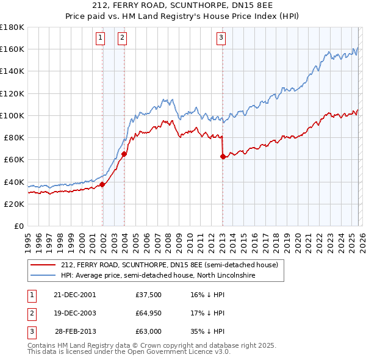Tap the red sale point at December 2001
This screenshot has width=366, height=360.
point(102,184)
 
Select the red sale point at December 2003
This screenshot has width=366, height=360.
point(124,154)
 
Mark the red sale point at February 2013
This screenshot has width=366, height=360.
point(223,157)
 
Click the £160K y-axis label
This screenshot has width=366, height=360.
point(12,49)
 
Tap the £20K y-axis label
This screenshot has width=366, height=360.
point(14,204)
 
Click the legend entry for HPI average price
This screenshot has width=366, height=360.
point(159,275)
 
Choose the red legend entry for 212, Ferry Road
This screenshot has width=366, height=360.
point(169,265)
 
